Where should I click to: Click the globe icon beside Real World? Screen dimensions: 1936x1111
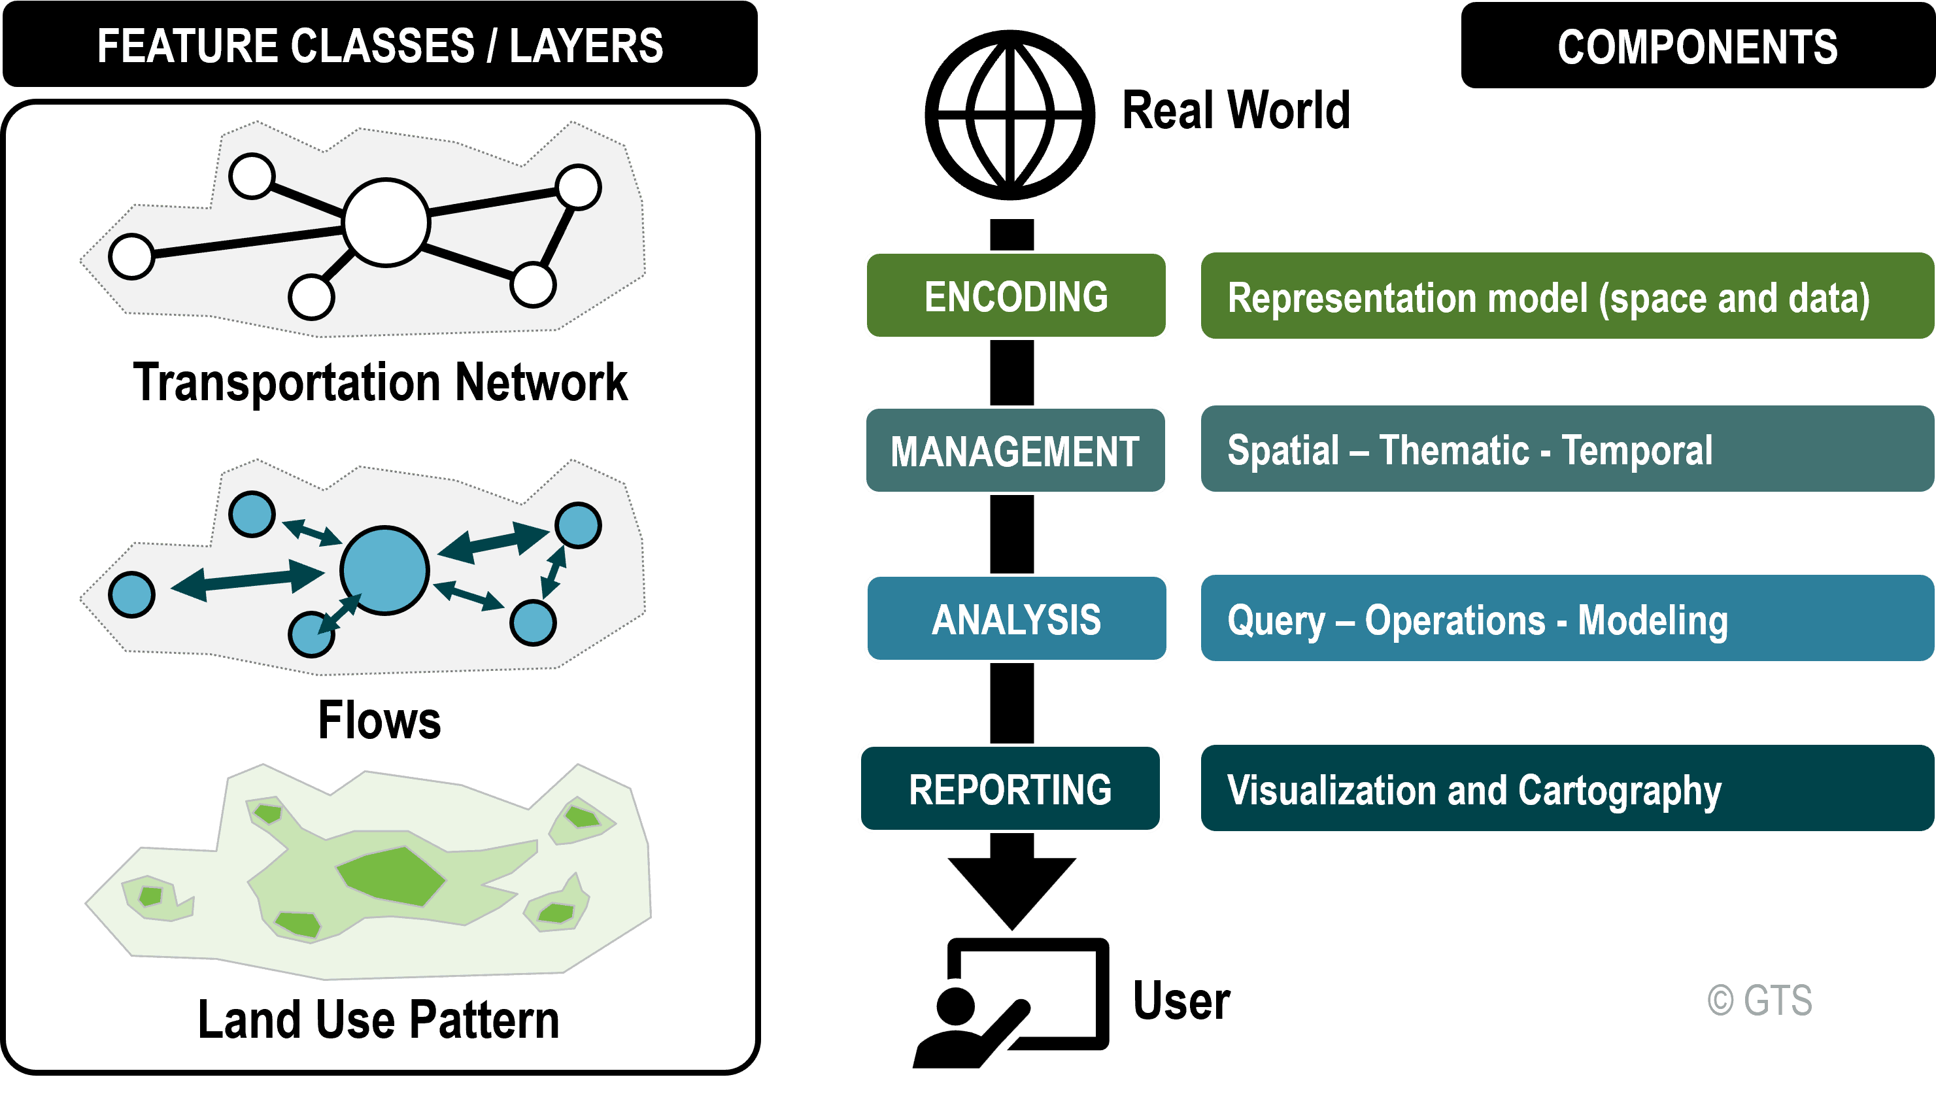(x=1010, y=115)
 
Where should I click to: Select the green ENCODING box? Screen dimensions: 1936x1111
(x=1015, y=296)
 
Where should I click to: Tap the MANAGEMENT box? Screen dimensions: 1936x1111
(x=1015, y=450)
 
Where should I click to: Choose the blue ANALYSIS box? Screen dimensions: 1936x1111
(x=1016, y=618)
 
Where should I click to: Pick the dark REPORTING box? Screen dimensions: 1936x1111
(x=1010, y=788)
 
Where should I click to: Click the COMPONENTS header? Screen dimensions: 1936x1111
(x=1698, y=45)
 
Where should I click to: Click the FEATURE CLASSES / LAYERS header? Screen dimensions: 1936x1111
(x=380, y=44)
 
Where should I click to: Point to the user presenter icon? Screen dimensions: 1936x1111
(x=1011, y=1002)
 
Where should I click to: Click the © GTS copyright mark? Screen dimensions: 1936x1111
(x=1759, y=1000)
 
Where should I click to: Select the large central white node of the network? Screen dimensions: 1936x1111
(x=386, y=223)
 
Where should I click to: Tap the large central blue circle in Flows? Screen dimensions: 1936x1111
(x=384, y=570)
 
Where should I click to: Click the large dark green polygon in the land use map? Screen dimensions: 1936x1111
(x=391, y=876)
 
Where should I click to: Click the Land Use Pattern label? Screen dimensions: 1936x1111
(x=379, y=1019)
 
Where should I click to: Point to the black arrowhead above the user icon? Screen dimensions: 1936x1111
(x=1011, y=893)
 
